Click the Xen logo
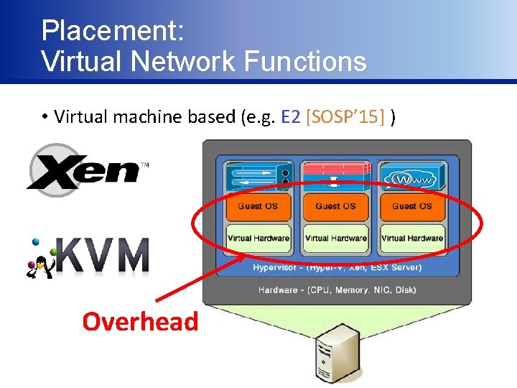[x=86, y=171]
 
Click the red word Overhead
[x=140, y=321]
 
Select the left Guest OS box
[x=258, y=206]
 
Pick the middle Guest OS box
[x=335, y=206]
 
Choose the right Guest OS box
[x=412, y=206]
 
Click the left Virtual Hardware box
[x=258, y=238]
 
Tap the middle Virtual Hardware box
[x=335, y=238]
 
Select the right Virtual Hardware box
[x=412, y=238]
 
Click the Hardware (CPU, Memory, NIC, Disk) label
[x=337, y=290]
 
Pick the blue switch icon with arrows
[x=258, y=175]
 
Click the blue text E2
[x=291, y=116]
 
